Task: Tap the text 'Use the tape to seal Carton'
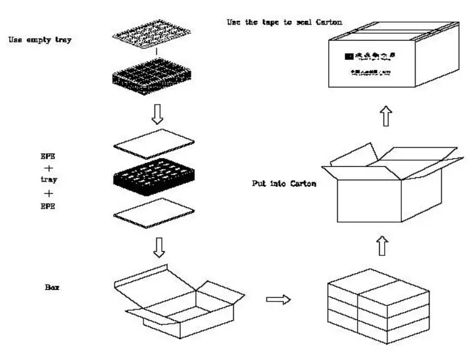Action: tap(284, 22)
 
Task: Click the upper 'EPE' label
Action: tap(48, 156)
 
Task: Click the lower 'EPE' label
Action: tap(48, 206)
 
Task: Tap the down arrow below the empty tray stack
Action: tap(157, 113)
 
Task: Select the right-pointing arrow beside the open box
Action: tap(278, 299)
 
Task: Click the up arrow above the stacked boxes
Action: tap(382, 246)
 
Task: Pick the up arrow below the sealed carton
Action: tap(386, 115)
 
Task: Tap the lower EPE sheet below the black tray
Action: tap(154, 213)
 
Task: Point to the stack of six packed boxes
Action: tap(378, 305)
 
